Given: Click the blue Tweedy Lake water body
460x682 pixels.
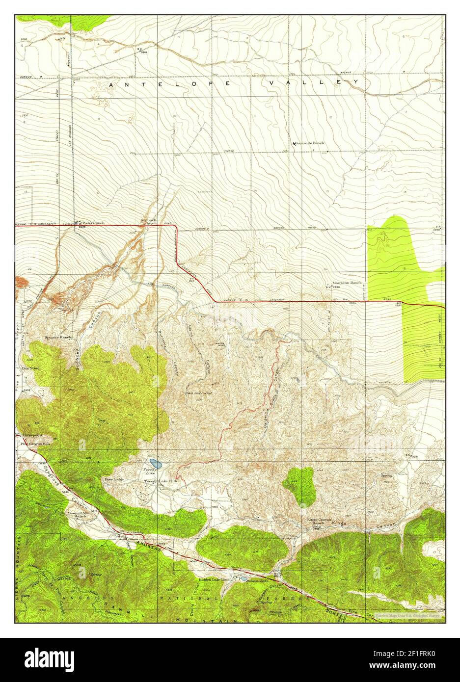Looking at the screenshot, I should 156,463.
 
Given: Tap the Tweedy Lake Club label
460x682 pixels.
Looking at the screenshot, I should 160,481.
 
